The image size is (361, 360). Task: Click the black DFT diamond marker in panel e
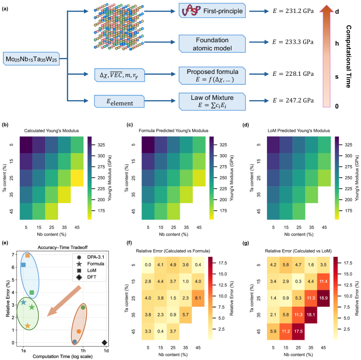click(x=105, y=342)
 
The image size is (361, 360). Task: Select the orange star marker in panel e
click(x=27, y=326)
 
